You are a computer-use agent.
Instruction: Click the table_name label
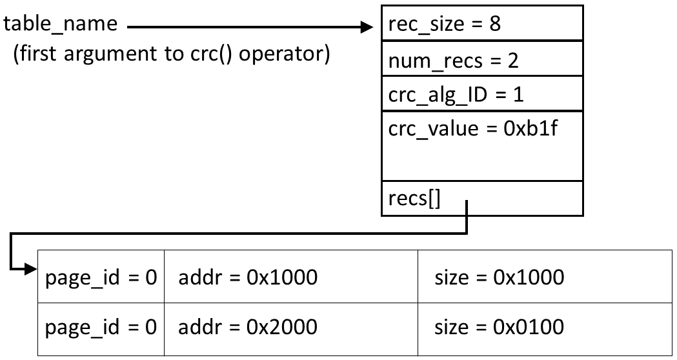coord(61,25)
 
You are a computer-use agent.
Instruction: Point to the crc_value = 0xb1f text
coord(472,128)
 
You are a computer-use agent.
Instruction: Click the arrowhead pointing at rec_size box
coord(368,28)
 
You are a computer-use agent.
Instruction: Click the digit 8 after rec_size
coord(495,24)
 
